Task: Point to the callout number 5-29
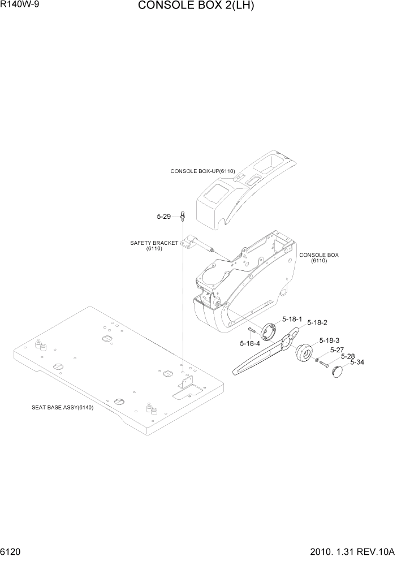point(163,216)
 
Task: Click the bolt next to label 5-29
point(183,215)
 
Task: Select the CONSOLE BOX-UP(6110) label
point(202,170)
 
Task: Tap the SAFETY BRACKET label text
point(154,243)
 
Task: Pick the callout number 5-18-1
point(292,319)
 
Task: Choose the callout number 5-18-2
point(317,322)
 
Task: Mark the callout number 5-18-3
point(329,340)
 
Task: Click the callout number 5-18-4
point(249,343)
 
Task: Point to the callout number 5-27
point(337,350)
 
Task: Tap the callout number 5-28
point(347,356)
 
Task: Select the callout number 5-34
point(357,363)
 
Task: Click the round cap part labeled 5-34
point(338,372)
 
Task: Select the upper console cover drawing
point(243,189)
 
